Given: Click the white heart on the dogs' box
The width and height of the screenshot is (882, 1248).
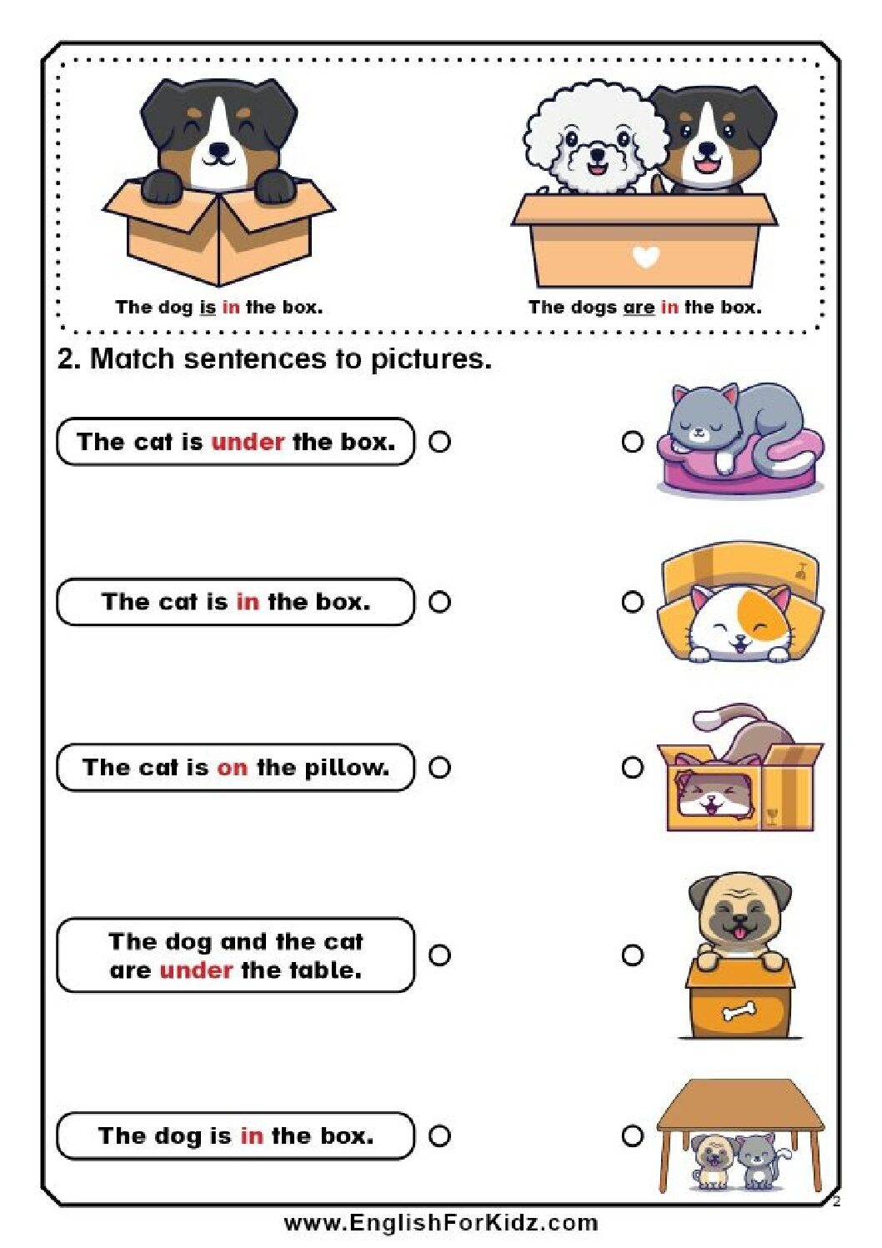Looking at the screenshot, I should [645, 257].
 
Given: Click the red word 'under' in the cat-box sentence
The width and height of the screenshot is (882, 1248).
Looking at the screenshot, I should [248, 441].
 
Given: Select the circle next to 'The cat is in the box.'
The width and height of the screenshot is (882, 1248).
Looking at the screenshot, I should [439, 602].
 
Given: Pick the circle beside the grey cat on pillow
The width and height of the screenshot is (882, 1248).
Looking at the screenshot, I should [633, 442].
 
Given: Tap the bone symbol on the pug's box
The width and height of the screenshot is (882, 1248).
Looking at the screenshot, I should [739, 1011].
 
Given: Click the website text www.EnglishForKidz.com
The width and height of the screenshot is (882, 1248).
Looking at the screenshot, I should [440, 1223].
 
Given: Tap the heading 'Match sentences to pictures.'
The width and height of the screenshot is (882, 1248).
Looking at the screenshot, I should [290, 358].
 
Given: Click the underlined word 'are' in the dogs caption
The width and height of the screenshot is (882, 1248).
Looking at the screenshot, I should [639, 307].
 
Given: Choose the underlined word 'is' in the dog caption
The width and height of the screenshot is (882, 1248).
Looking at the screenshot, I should [208, 307].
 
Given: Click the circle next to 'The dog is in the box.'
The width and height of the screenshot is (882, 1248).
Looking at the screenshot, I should [439, 1135].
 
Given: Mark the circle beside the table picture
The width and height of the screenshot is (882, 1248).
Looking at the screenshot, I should [633, 1135].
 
